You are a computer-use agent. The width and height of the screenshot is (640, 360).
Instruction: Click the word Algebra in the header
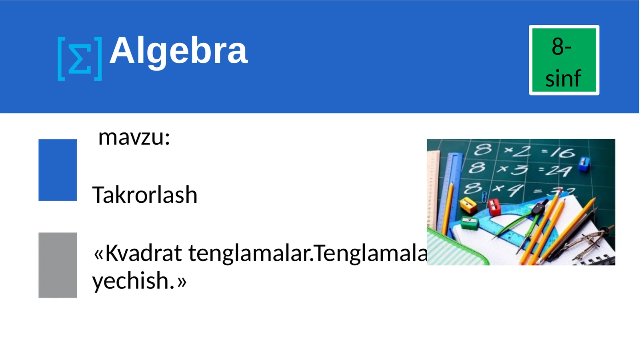[x=178, y=51]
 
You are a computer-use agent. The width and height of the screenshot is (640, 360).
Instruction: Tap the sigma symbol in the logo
[x=79, y=59]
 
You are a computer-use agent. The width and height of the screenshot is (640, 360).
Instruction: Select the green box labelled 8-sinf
[x=564, y=60]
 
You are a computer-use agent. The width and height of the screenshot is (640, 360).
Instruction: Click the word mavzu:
[x=134, y=137]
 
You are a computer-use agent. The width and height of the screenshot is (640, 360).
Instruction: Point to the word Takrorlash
[x=145, y=195]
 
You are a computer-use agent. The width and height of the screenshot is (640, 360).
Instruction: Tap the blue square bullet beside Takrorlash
[x=58, y=170]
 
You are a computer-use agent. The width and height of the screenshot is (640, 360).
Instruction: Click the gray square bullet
[x=58, y=265]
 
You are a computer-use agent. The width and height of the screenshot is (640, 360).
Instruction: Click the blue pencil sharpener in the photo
[x=584, y=163]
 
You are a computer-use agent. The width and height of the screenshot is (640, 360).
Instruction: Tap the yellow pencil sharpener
[x=468, y=206]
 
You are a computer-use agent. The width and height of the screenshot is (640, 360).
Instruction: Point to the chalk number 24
[x=558, y=171]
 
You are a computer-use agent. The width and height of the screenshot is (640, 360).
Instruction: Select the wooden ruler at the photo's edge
[x=432, y=188]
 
